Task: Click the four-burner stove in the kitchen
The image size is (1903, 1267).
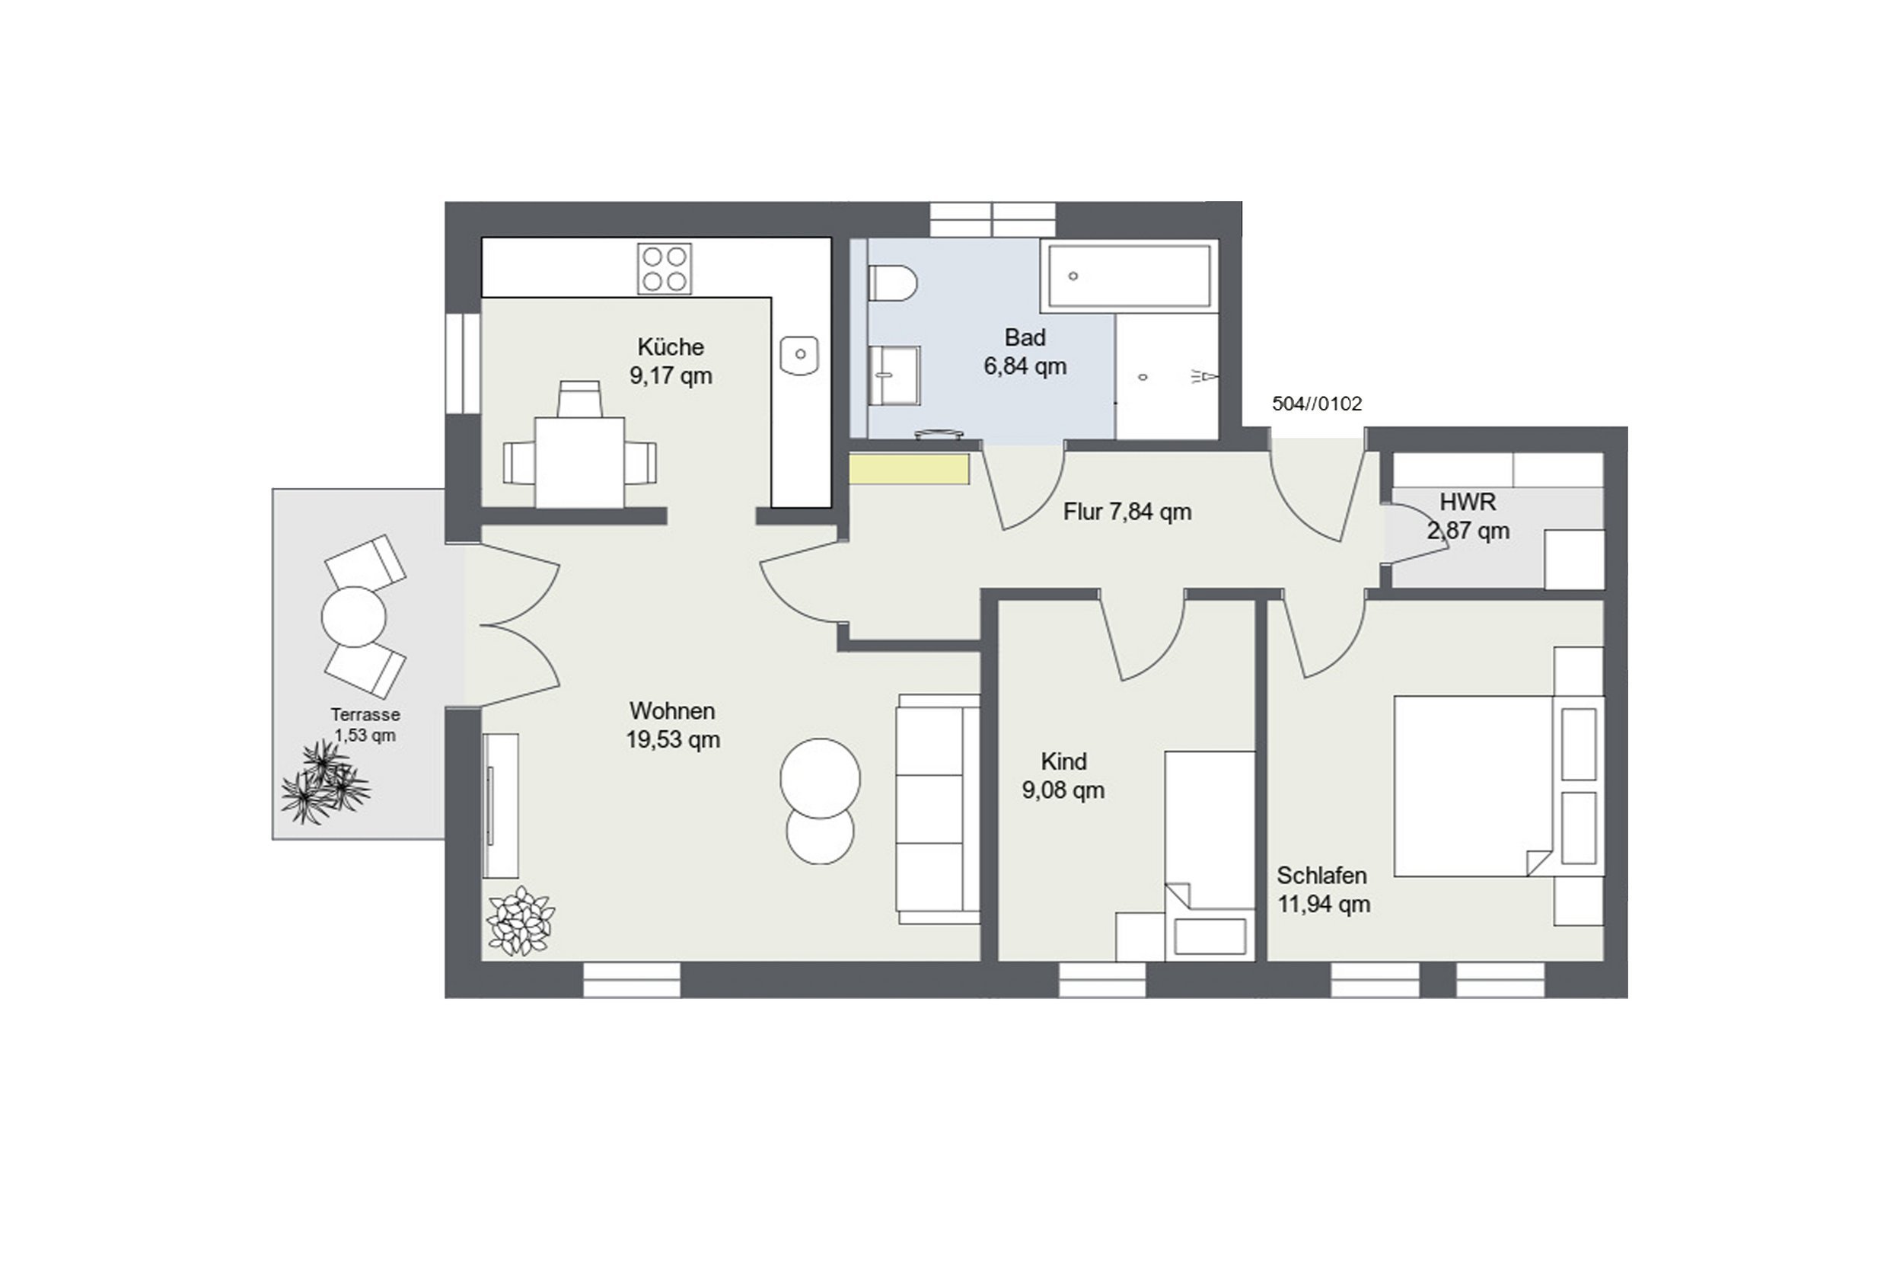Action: (x=664, y=268)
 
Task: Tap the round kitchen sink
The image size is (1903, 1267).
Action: (x=800, y=354)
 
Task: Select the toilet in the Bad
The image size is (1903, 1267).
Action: (x=893, y=283)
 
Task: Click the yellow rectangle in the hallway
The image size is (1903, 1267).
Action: (x=909, y=469)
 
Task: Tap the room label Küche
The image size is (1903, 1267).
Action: (x=671, y=346)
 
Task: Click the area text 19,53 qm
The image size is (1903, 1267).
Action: (x=673, y=739)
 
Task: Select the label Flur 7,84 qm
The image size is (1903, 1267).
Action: (x=1127, y=512)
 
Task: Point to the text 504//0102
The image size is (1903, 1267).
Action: (x=1317, y=404)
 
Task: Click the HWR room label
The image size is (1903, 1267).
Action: (x=1468, y=502)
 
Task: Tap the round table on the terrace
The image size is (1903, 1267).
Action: (x=354, y=617)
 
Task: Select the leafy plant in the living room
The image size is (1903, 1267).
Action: (x=520, y=921)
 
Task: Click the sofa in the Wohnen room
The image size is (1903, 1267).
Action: (x=938, y=809)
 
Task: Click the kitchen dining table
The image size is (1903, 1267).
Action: (x=579, y=462)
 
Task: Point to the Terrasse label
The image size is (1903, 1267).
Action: (x=365, y=714)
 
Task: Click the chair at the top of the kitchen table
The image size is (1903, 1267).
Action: (x=580, y=398)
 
